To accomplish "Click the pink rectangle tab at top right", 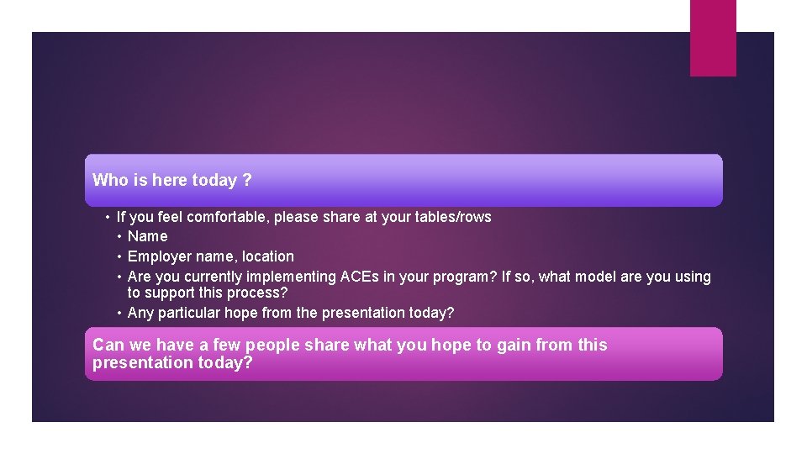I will pyautogui.click(x=713, y=38).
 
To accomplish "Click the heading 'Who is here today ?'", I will pyautogui.click(x=171, y=180).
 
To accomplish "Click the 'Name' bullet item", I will pyautogui.click(x=147, y=236).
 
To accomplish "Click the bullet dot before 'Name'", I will pyautogui.click(x=120, y=236).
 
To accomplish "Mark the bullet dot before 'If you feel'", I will pyautogui.click(x=108, y=217).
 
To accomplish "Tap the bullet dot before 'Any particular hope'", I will pyautogui.click(x=120, y=313).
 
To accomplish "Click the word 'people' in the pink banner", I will pyautogui.click(x=272, y=345).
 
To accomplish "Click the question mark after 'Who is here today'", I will pyautogui.click(x=247, y=180).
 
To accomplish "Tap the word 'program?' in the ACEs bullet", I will pyautogui.click(x=467, y=277).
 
